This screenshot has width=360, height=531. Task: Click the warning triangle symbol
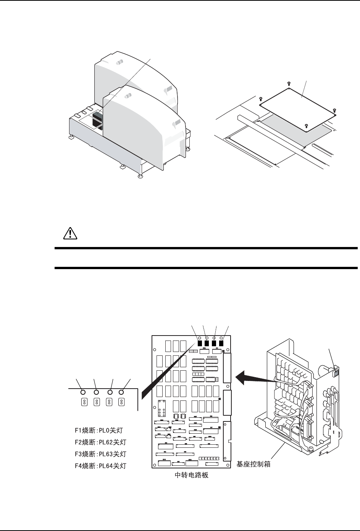(x=70, y=233)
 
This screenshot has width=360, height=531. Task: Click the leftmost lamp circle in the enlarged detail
(x=83, y=392)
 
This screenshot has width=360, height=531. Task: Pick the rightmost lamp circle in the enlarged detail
(x=122, y=392)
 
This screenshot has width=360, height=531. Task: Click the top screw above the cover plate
(x=288, y=82)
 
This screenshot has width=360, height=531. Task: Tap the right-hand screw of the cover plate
(x=335, y=110)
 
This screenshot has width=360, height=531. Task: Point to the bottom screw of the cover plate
(x=306, y=125)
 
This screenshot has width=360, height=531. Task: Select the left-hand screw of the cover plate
(x=260, y=98)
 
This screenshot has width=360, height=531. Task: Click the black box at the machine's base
(x=98, y=121)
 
